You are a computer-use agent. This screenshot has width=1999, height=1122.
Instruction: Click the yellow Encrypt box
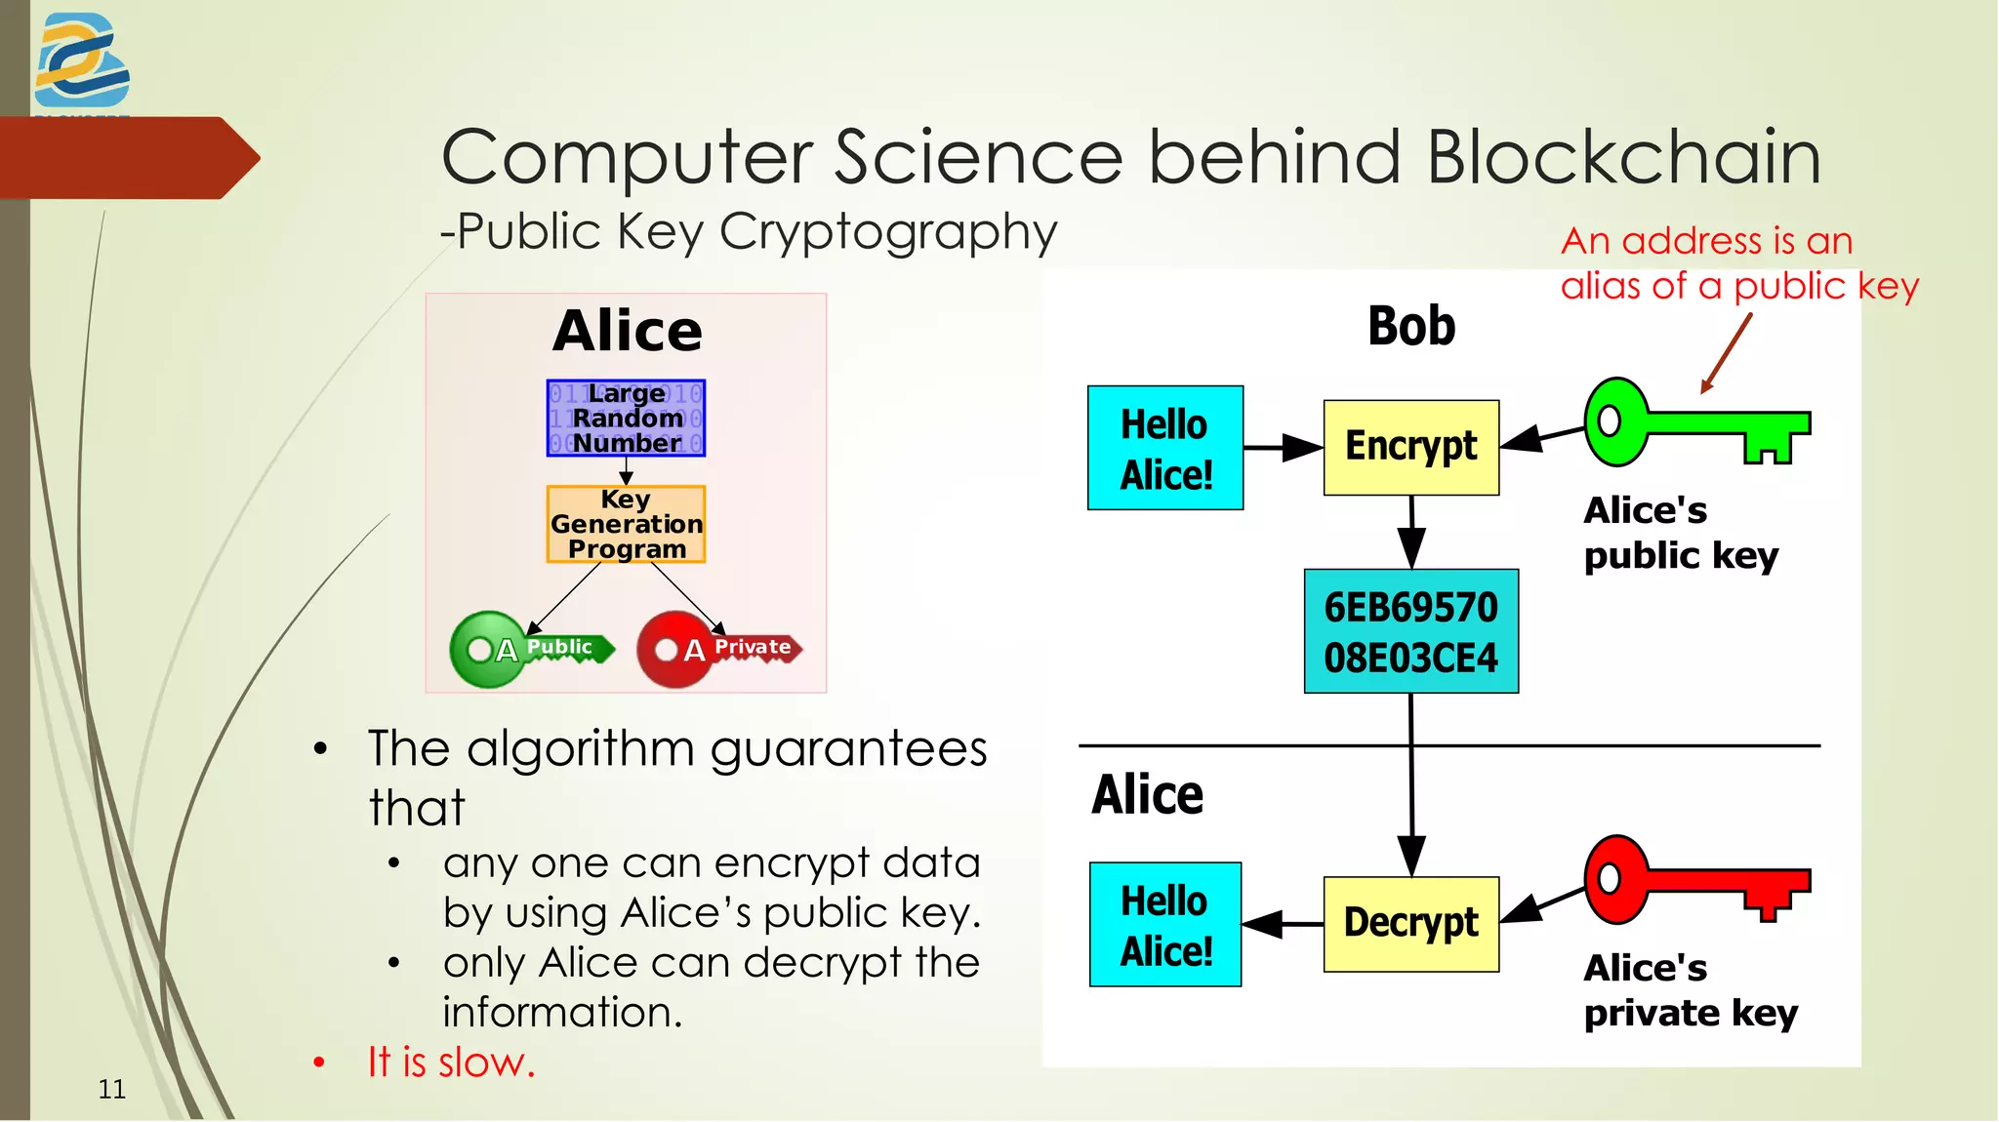tap(1410, 447)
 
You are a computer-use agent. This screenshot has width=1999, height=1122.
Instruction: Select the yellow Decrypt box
tap(1410, 923)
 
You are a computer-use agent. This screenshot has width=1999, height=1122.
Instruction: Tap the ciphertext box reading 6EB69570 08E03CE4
tap(1410, 631)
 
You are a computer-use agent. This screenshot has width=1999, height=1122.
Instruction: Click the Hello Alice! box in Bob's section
tap(1165, 448)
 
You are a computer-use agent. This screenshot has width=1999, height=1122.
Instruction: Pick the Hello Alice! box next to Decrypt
tap(1165, 924)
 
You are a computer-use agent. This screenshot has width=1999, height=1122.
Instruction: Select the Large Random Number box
tap(626, 419)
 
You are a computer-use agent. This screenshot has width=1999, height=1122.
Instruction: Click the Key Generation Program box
tap(626, 524)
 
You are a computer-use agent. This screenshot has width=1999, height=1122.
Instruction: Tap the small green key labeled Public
tap(530, 649)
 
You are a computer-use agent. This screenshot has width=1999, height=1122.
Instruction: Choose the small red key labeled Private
tap(717, 649)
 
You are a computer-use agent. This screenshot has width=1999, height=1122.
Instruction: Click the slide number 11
tap(112, 1089)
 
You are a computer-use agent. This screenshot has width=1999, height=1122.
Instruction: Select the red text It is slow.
tap(451, 1062)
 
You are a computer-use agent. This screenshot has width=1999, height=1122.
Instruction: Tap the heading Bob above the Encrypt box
tap(1411, 326)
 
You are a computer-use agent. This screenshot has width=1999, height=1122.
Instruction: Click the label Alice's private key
tap(1690, 990)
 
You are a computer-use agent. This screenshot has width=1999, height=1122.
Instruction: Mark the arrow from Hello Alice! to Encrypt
tap(1283, 448)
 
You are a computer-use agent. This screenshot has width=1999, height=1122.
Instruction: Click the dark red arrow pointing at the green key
tap(1726, 353)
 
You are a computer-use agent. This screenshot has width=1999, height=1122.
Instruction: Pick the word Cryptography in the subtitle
tap(888, 233)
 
